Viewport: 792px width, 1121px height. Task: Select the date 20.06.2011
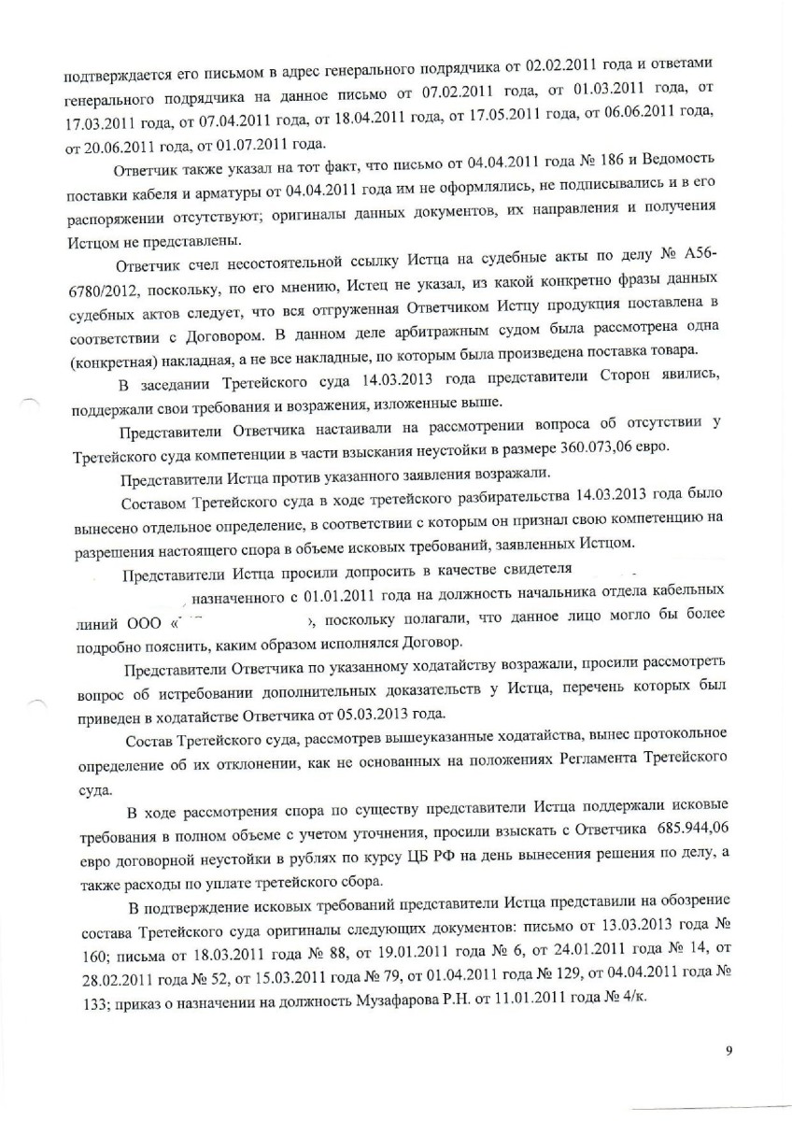(106, 146)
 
